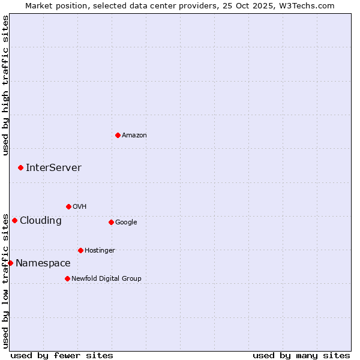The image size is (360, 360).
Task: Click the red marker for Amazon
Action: tap(118, 135)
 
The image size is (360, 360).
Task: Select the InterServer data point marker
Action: tap(21, 167)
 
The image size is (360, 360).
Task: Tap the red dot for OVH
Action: tap(68, 206)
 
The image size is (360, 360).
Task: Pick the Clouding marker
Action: tap(15, 220)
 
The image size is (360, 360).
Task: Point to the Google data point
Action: tap(111, 222)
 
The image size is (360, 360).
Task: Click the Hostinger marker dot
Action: tap(80, 250)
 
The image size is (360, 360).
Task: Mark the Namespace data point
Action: tap(10, 263)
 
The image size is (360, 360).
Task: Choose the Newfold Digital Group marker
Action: tap(67, 278)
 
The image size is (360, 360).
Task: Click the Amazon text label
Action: tap(134, 135)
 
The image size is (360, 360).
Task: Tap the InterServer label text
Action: tap(53, 167)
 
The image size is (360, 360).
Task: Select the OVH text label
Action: tap(80, 206)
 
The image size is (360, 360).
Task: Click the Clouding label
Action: tap(41, 220)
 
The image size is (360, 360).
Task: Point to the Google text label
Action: tap(126, 222)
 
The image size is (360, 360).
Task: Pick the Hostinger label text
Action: tap(100, 250)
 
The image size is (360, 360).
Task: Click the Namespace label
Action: tap(43, 263)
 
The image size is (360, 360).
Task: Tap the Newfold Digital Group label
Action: tap(106, 278)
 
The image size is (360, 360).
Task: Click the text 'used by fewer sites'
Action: tap(62, 355)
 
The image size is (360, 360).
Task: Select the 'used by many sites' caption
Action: tap(301, 355)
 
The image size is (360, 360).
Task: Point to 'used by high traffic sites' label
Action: tap(6, 85)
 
